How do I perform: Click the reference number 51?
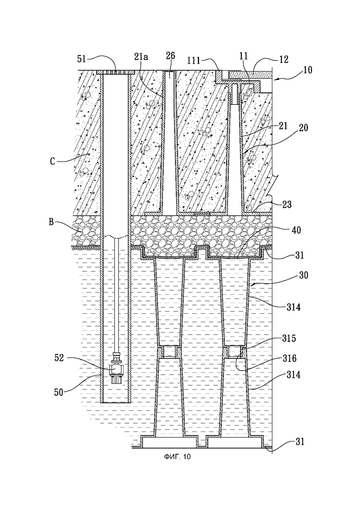pos(82,59)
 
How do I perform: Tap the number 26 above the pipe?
pos(170,56)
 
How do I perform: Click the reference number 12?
pos(283,60)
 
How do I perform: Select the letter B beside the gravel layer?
pos(51,222)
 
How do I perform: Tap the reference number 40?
pos(296,230)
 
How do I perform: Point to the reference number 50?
pos(59,392)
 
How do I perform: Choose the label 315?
pos(289,338)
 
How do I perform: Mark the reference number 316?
pos(289,358)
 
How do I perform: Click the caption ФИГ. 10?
pos(177,457)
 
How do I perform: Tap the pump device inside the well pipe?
pos(115,368)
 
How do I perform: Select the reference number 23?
pos(287,204)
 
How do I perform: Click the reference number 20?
pos(303,127)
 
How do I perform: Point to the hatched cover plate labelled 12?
pos(250,75)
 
